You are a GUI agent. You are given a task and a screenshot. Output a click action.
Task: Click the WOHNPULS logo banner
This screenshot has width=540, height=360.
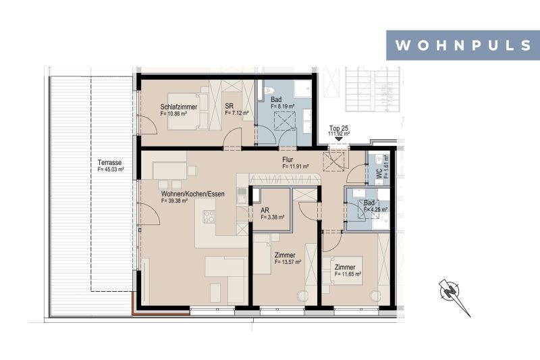click(x=462, y=46)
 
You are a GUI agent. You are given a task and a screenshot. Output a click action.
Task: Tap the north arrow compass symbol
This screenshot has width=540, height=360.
click(x=453, y=296)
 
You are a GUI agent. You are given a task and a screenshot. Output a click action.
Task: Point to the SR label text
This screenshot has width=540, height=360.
click(x=230, y=107)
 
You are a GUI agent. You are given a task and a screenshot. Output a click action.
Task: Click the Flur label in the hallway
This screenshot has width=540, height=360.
click(x=288, y=159)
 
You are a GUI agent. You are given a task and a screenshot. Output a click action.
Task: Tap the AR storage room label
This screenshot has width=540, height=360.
click(x=265, y=210)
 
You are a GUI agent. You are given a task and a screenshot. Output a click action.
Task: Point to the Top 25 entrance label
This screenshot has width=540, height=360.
click(x=338, y=128)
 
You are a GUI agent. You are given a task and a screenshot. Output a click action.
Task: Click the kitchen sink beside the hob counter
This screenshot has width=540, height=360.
click(x=240, y=197)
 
